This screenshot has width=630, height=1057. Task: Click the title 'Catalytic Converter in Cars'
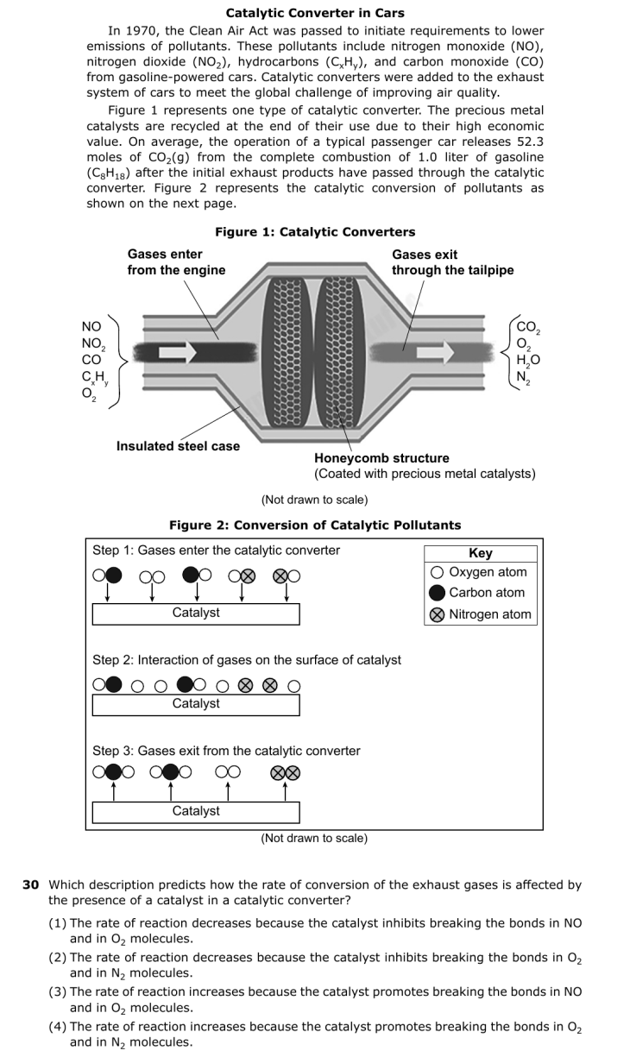click(x=315, y=13)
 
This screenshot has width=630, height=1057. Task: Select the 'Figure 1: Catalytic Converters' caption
click(x=315, y=232)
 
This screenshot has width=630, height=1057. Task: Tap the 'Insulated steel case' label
click(x=178, y=446)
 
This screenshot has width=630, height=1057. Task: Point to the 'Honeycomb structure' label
click(x=381, y=457)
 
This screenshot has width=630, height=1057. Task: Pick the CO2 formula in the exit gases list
click(x=528, y=328)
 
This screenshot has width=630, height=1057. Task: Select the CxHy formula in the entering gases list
click(x=95, y=378)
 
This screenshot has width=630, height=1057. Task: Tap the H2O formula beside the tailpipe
click(x=528, y=361)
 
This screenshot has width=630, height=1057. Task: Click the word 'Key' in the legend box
click(x=481, y=553)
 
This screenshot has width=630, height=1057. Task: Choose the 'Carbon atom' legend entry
click(x=477, y=593)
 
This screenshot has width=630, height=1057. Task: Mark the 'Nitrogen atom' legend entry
click(x=481, y=614)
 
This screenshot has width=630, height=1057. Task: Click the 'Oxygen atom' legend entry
click(x=479, y=572)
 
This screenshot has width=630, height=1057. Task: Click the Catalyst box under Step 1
click(x=196, y=613)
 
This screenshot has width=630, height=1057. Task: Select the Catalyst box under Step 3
click(x=196, y=812)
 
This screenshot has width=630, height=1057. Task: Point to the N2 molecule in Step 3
click(x=285, y=772)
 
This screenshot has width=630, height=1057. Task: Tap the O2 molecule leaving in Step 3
click(x=228, y=772)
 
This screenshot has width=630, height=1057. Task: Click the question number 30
click(x=31, y=884)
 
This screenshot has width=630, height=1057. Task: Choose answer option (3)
click(x=315, y=999)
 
